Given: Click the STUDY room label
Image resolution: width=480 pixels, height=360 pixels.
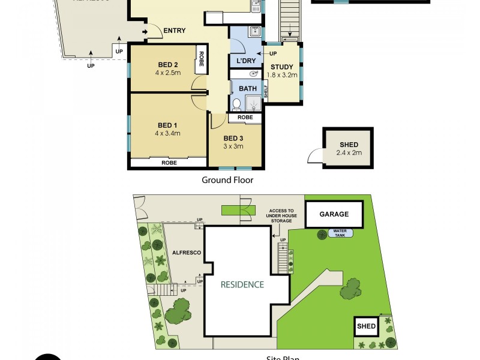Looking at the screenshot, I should [281, 67].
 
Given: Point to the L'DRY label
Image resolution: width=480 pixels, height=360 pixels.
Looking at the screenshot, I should [246, 62].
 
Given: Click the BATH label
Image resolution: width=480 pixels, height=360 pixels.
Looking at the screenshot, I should [248, 89].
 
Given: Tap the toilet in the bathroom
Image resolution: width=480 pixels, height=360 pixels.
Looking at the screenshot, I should [237, 105].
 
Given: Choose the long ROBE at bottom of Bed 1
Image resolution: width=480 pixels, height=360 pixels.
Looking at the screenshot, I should [168, 162].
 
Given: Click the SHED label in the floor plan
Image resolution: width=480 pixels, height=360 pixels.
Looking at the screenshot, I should [349, 145].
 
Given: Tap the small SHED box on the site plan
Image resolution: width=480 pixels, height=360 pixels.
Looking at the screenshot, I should [366, 327].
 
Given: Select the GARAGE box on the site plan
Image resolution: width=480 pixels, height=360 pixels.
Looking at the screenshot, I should [334, 214].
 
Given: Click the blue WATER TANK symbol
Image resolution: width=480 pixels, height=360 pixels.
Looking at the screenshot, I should [340, 233].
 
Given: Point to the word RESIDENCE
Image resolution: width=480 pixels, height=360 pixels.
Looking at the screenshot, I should [241, 284].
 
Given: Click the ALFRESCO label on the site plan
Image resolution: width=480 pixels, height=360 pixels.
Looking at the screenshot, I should [185, 253].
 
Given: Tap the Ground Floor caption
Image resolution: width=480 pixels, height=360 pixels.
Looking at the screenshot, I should [227, 180].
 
